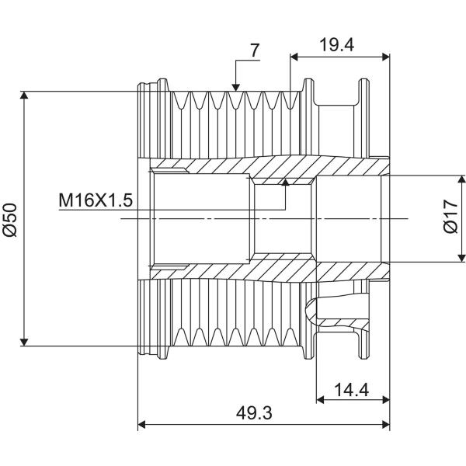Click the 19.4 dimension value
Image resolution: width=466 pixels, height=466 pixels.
pyautogui.click(x=337, y=45)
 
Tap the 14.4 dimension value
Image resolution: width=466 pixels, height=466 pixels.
pyautogui.click(x=352, y=390)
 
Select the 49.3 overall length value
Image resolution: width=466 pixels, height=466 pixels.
pyautogui.click(x=254, y=413)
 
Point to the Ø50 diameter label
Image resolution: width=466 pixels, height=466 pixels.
pyautogui.click(x=10, y=220)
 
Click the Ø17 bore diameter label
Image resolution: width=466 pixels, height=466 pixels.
pyautogui.click(x=450, y=217)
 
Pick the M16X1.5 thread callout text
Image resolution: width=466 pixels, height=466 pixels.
pyautogui.click(x=96, y=200)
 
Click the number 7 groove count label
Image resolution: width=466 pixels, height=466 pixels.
pyautogui.click(x=255, y=50)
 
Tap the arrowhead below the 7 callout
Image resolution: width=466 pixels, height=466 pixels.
pyautogui.click(x=235, y=87)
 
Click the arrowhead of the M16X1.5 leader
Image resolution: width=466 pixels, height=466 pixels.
pyautogui.click(x=285, y=182)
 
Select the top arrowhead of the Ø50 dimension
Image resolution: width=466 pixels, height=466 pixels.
pyautogui.click(x=24, y=95)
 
